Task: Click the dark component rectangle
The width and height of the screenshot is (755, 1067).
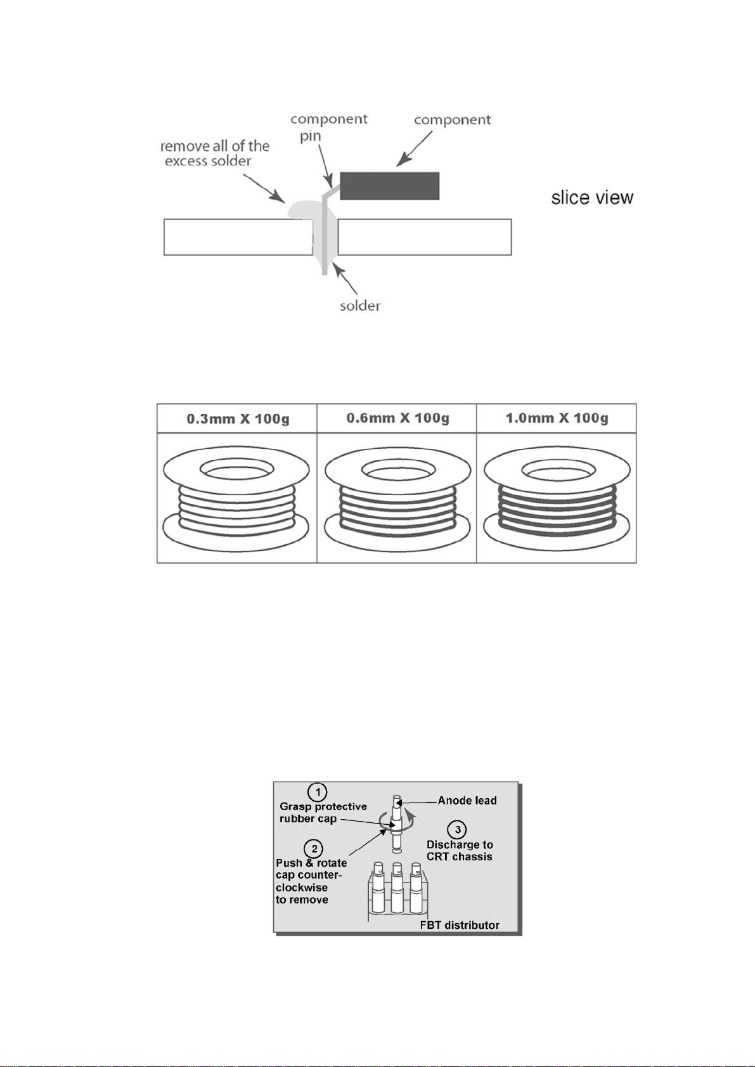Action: [389, 186]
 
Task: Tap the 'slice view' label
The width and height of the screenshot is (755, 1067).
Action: [592, 198]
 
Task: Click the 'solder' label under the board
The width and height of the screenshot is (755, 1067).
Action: [360, 306]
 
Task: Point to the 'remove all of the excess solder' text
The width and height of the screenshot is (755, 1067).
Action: [214, 153]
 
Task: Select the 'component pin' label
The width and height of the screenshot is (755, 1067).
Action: [328, 127]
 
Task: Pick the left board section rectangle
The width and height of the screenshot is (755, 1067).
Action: [238, 236]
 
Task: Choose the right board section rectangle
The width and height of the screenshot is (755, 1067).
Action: [425, 236]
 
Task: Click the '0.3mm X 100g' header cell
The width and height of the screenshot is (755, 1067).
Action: [237, 418]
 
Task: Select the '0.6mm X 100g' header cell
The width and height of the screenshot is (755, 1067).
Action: [397, 418]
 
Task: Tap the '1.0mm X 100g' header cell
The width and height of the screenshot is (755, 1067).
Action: [557, 418]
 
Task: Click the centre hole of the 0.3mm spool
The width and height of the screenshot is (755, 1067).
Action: [236, 469]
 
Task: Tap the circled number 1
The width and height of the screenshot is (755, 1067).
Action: [317, 792]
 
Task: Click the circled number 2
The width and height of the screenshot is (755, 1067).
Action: [314, 849]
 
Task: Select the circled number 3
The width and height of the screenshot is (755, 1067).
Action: [457, 830]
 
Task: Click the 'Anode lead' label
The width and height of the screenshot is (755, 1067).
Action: [467, 801]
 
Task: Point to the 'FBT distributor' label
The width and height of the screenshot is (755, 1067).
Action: [460, 925]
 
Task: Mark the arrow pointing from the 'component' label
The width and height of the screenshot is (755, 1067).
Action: [415, 148]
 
